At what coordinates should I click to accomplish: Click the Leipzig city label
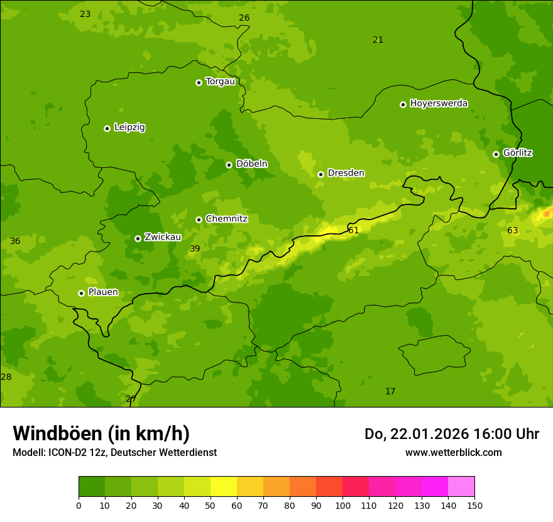pyautogui.click(x=129, y=128)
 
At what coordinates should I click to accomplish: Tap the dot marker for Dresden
pyautogui.click(x=320, y=174)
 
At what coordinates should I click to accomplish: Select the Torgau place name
pyautogui.click(x=220, y=82)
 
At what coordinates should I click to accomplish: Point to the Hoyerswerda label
pyautogui.click(x=439, y=104)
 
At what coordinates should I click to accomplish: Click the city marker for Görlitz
pyautogui.click(x=496, y=154)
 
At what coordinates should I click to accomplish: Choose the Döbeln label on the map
pyautogui.click(x=251, y=164)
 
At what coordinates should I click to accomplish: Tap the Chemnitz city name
pyautogui.click(x=226, y=219)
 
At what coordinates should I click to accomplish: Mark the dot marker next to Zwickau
pyautogui.click(x=138, y=238)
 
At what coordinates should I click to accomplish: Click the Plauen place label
pyautogui.click(x=103, y=292)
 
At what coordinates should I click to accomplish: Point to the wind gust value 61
pyautogui.click(x=354, y=231)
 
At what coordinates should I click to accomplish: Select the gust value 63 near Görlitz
pyautogui.click(x=513, y=231)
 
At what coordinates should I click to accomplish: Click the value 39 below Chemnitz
pyautogui.click(x=195, y=249)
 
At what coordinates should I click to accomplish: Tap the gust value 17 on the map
pyautogui.click(x=390, y=392)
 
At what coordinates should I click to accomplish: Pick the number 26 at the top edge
pyautogui.click(x=244, y=18)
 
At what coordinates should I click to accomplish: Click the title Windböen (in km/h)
pyautogui.click(x=101, y=433)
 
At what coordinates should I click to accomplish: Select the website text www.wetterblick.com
pyautogui.click(x=453, y=453)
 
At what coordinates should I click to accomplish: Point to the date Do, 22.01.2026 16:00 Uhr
pyautogui.click(x=451, y=434)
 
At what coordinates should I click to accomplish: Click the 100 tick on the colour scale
pyautogui.click(x=342, y=505)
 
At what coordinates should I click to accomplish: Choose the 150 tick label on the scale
pyautogui.click(x=474, y=505)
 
